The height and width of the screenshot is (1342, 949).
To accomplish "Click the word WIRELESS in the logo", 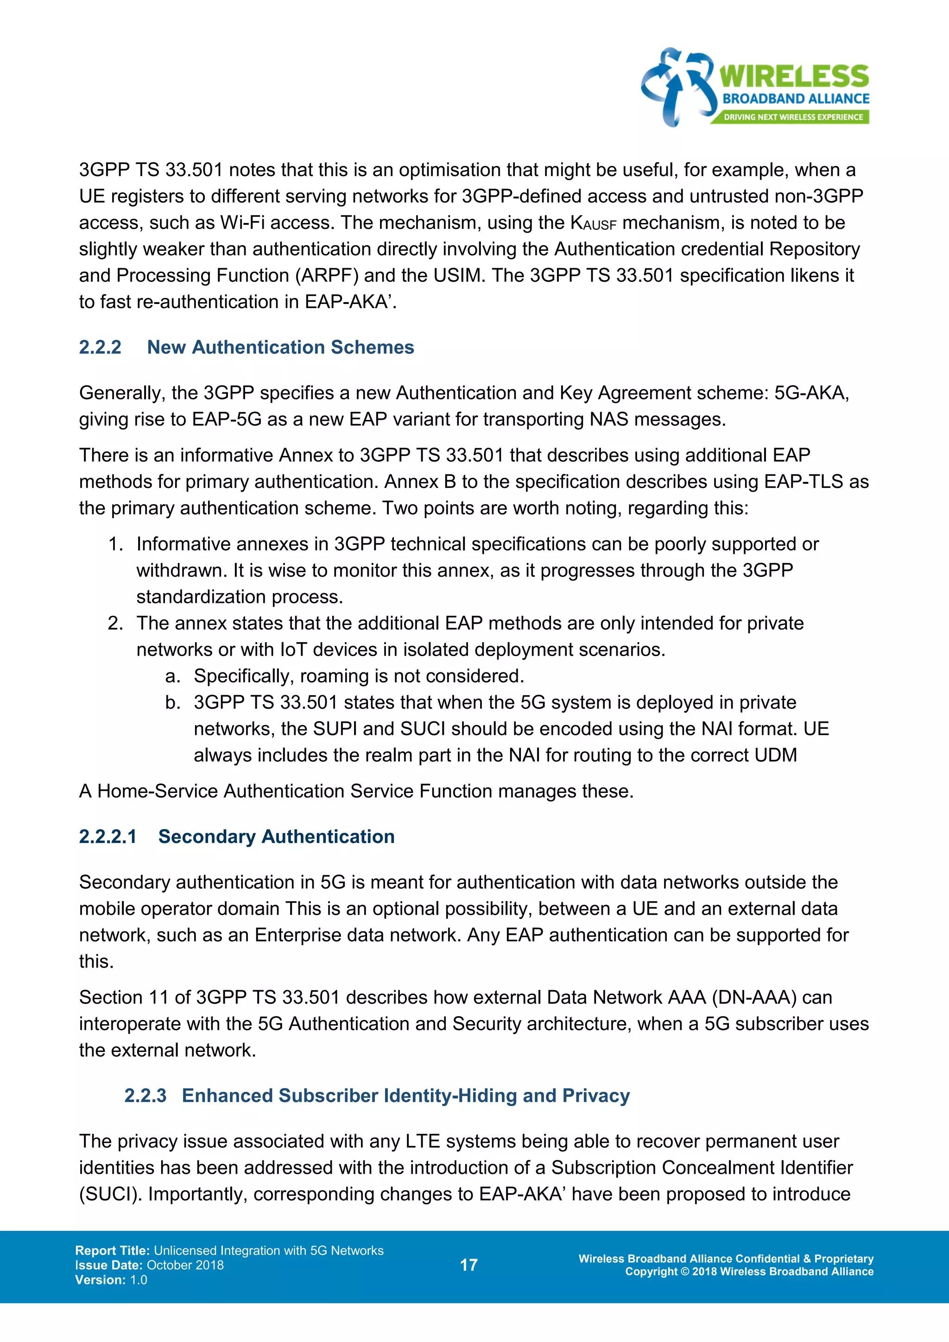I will tap(794, 76).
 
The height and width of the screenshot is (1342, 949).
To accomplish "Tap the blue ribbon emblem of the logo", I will tap(677, 87).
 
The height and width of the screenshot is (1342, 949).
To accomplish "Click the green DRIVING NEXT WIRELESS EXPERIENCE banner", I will tap(792, 117).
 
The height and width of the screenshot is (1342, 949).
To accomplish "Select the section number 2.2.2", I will tap(100, 347).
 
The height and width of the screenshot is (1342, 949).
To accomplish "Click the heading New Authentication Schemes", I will tap(280, 347).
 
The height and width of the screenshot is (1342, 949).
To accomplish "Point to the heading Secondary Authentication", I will tap(276, 836).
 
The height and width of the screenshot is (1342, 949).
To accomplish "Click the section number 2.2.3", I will tap(145, 1095).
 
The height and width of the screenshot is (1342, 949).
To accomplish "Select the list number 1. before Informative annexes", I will tap(116, 544).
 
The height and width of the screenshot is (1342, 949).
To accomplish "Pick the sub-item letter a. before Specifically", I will tap(172, 676).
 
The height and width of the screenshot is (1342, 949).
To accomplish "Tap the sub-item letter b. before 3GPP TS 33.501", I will tap(172, 703).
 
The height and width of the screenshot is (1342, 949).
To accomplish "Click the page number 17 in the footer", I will tap(468, 1266).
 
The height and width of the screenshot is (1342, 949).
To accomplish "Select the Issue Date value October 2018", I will tap(185, 1266).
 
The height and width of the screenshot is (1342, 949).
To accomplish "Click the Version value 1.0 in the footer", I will tap(139, 1280).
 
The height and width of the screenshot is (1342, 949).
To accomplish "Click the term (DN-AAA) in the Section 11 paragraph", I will tap(754, 997).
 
